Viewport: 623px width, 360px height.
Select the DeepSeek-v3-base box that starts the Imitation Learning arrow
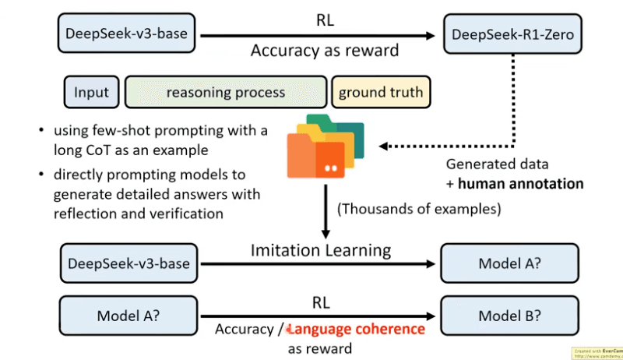click(129, 263)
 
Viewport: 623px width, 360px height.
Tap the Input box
click(92, 93)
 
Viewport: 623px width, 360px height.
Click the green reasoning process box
click(226, 93)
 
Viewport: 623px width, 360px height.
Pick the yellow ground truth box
click(381, 93)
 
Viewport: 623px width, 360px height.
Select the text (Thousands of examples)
click(418, 210)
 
